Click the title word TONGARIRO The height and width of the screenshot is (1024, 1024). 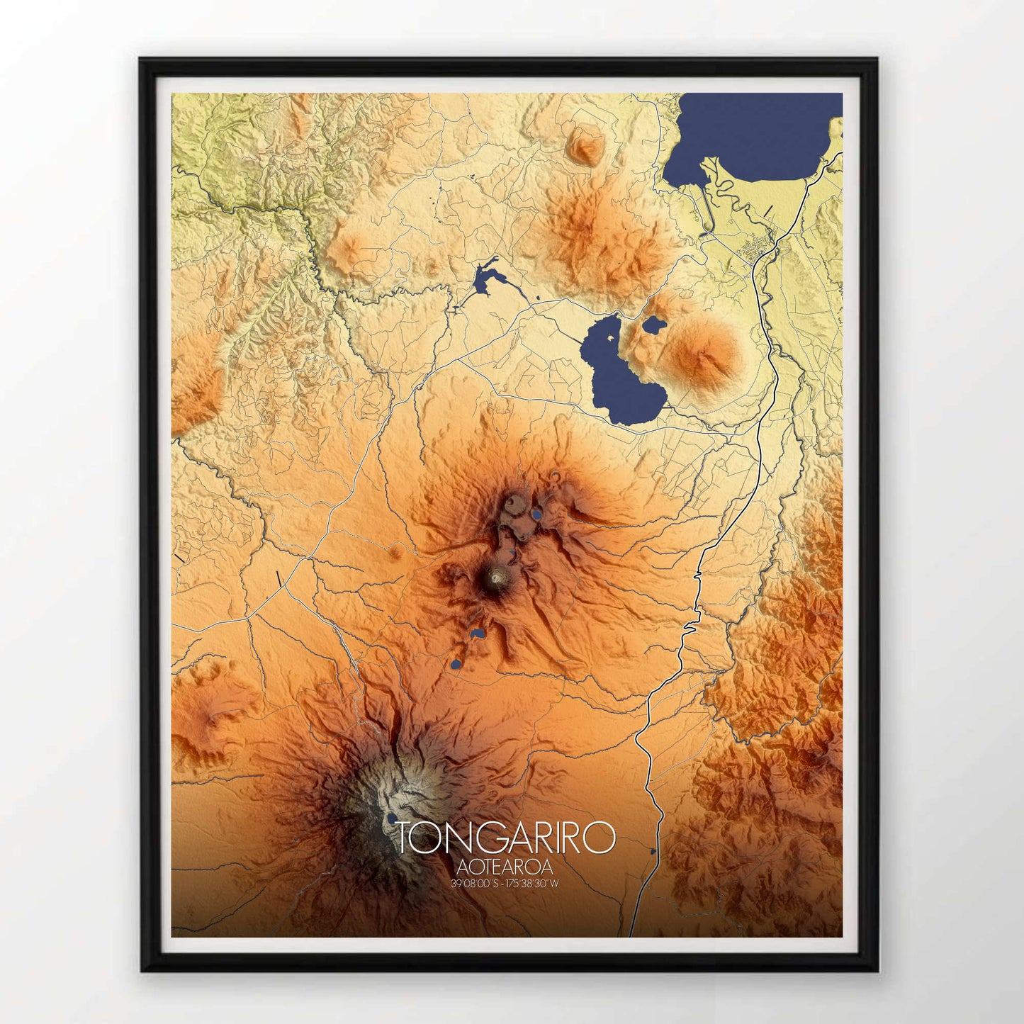(x=505, y=838)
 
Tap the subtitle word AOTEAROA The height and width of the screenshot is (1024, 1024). (x=505, y=867)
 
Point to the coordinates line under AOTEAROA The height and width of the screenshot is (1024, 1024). (x=505, y=884)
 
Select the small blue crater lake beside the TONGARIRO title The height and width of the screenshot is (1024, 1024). (x=391, y=818)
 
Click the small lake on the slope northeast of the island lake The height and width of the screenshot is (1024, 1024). (x=653, y=326)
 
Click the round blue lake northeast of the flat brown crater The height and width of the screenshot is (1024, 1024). (x=538, y=514)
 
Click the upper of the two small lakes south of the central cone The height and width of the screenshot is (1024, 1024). (x=478, y=632)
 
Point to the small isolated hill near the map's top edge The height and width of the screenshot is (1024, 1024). (x=585, y=145)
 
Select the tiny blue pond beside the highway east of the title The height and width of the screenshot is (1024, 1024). (x=653, y=851)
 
